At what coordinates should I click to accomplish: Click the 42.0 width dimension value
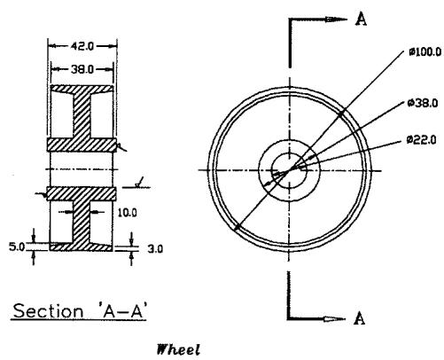(x=82, y=46)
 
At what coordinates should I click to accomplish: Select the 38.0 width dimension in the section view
(x=82, y=69)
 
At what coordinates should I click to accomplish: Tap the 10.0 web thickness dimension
(x=128, y=213)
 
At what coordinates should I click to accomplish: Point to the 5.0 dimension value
(x=17, y=247)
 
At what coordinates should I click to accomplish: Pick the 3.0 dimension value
(x=155, y=249)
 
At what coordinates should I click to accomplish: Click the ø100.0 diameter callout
(x=425, y=52)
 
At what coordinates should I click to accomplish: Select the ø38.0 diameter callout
(x=423, y=103)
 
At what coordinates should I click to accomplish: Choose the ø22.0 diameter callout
(x=421, y=139)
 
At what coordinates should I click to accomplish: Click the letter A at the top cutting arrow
(x=361, y=19)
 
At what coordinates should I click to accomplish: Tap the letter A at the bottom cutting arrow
(x=359, y=318)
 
